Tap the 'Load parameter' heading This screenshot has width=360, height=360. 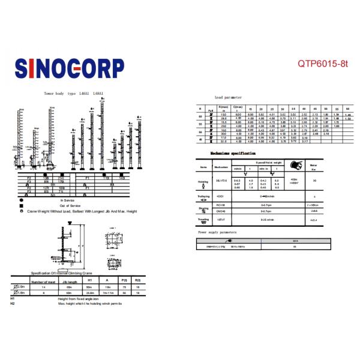pos(229,97)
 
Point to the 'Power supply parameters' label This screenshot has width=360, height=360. pos(217,232)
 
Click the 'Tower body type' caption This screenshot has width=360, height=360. pos(74,94)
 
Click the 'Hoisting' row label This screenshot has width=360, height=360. pos(203,181)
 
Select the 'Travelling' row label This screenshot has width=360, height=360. pos(203,219)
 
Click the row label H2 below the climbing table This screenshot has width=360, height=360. pos(13,304)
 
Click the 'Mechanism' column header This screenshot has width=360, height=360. pos(221,167)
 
